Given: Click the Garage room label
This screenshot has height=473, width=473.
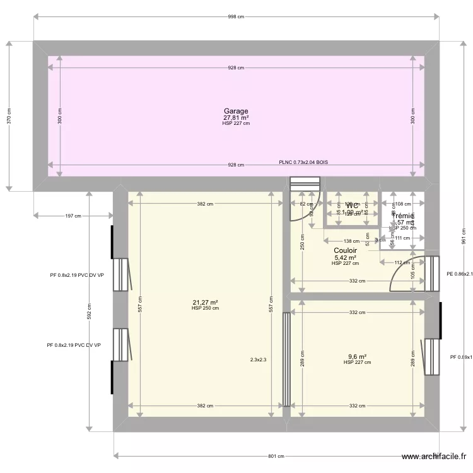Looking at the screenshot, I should coord(236,111).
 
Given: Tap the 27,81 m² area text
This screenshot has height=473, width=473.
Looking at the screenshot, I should coord(236,117).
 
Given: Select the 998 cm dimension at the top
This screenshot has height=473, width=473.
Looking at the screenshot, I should coord(236,17).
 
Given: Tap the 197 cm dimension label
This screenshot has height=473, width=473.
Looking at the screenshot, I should coord(73,216).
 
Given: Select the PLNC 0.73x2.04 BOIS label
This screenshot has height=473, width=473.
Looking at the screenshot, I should coord(303,162).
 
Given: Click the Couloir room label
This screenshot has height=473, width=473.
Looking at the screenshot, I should coord(345,250).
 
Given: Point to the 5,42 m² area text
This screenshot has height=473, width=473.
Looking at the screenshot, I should coord(345,257).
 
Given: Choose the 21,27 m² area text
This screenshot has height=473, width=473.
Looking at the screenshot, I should coord(206,302).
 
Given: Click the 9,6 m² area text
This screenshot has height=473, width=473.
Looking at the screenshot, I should coord(357,356).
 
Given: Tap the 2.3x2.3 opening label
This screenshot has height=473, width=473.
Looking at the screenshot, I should coord(259,360).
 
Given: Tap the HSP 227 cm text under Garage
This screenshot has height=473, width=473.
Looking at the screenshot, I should coord(236,124).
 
